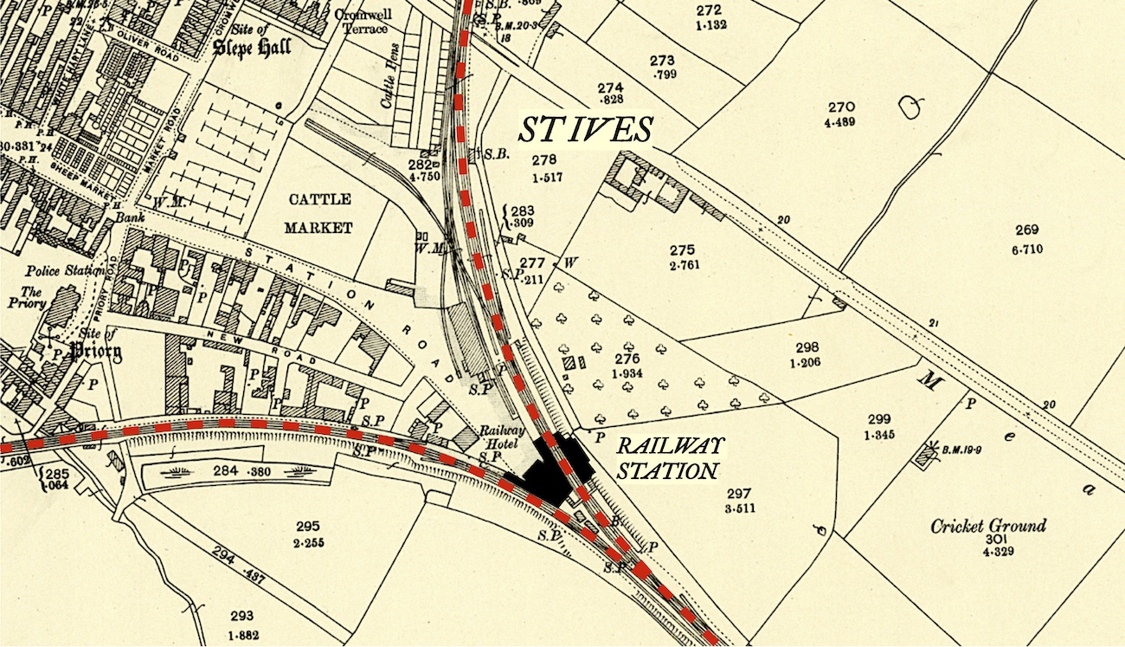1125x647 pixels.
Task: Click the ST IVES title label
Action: pyautogui.click(x=585, y=130)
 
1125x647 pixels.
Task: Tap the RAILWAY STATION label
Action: pyautogui.click(x=667, y=460)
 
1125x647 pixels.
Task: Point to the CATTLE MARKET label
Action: pyautogui.click(x=320, y=213)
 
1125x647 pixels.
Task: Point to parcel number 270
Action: pyautogui.click(x=840, y=107)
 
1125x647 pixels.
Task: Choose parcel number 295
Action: pyautogui.click(x=307, y=526)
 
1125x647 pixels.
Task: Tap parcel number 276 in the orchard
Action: pyautogui.click(x=627, y=358)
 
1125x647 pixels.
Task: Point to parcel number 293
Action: pyautogui.click(x=242, y=616)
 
